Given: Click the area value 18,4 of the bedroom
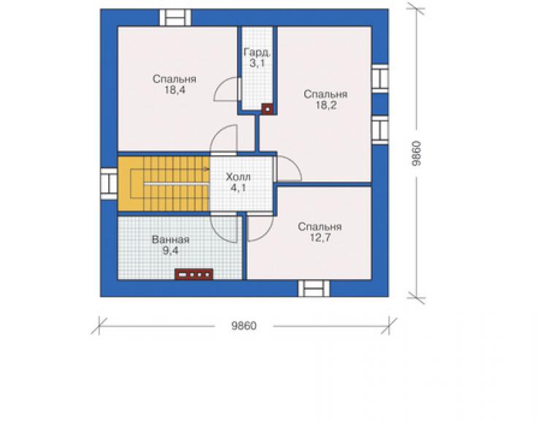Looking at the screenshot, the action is [175, 90].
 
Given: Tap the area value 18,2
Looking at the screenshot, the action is [326, 105].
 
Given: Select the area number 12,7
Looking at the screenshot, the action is [319, 238].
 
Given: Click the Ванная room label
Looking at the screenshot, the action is [170, 239].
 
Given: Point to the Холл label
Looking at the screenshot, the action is [238, 177].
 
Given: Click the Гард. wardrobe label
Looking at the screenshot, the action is [257, 53].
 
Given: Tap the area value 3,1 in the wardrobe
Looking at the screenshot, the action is [257, 64].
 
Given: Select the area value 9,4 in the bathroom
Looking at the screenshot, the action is [170, 250].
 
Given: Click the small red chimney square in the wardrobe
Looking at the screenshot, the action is [267, 109].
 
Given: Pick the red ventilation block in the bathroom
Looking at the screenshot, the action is [194, 275].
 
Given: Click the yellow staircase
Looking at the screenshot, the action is [164, 184].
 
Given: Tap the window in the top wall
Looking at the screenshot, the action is [175, 18].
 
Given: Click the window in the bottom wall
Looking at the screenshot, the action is [314, 288].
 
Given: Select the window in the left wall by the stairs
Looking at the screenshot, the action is [109, 184].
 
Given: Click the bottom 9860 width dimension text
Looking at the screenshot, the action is [244, 326].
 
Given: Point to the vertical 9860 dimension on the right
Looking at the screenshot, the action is [417, 153].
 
